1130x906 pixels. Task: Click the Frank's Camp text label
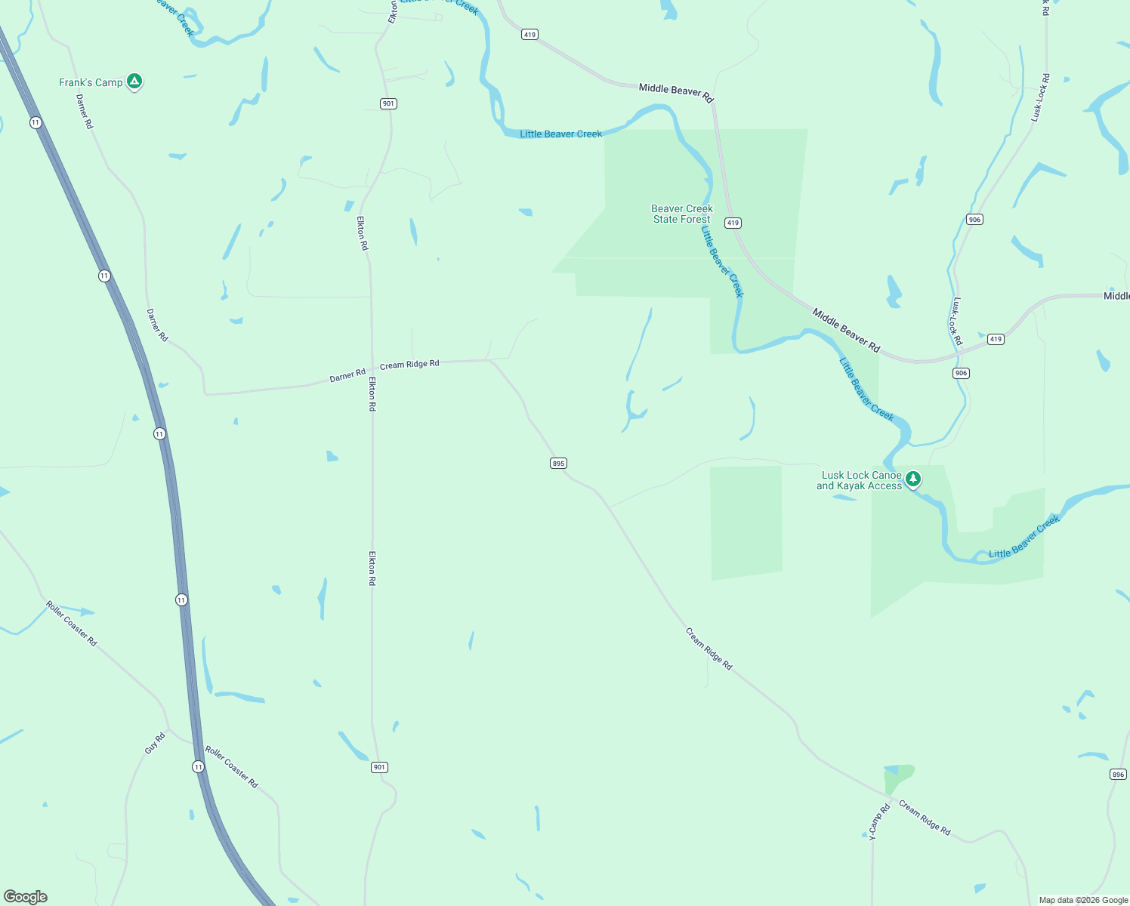[91, 82]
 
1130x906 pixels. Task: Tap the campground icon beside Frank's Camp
[134, 81]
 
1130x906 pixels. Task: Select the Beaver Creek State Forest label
[681, 214]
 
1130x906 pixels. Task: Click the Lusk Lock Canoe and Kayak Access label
[860, 481]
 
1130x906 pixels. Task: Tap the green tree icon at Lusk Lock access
[913, 479]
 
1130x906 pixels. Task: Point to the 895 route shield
[558, 464]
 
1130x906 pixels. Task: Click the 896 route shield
[1118, 774]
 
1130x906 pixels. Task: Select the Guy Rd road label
[155, 744]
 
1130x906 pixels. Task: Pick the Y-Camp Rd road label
[879, 821]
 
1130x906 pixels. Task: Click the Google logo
[26, 897]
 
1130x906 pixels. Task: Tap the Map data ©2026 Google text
[1083, 900]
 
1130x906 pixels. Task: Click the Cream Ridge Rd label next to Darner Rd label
[409, 365]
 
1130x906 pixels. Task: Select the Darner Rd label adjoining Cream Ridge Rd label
[347, 375]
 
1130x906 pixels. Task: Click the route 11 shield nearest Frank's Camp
[36, 122]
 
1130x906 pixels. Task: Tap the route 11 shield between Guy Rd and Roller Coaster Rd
[198, 766]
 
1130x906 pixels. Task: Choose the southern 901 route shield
[379, 767]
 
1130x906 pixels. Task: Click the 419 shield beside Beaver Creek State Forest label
[733, 223]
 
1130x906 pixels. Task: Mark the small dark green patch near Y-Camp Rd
[899, 778]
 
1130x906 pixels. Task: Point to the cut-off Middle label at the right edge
[1116, 296]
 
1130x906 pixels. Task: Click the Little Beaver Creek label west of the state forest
[560, 134]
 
